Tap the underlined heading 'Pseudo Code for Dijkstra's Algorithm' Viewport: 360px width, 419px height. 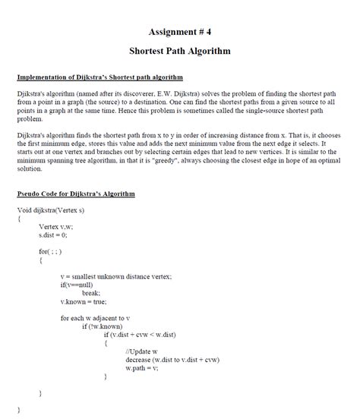click(76, 194)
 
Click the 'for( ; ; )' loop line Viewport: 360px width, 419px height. click(52, 250)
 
